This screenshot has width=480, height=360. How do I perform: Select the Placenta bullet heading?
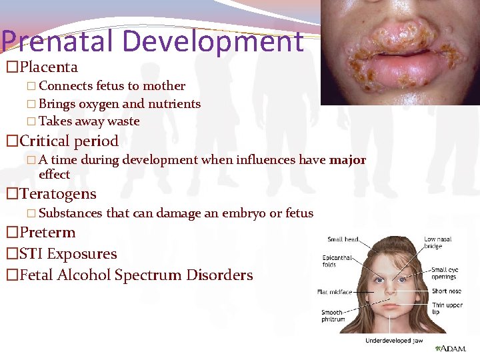(x=49, y=67)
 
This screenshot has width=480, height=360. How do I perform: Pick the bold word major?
(x=347, y=160)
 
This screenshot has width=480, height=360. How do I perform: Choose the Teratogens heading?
(x=58, y=195)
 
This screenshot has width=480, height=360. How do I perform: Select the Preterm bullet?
(x=47, y=233)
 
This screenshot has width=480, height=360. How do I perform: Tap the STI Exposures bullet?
(x=68, y=254)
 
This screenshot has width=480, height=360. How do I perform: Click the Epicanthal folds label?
(x=337, y=261)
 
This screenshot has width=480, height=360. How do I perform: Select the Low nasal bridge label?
(x=437, y=243)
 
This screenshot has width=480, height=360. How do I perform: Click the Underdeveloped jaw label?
(x=393, y=341)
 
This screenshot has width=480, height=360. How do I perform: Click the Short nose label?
(x=447, y=291)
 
